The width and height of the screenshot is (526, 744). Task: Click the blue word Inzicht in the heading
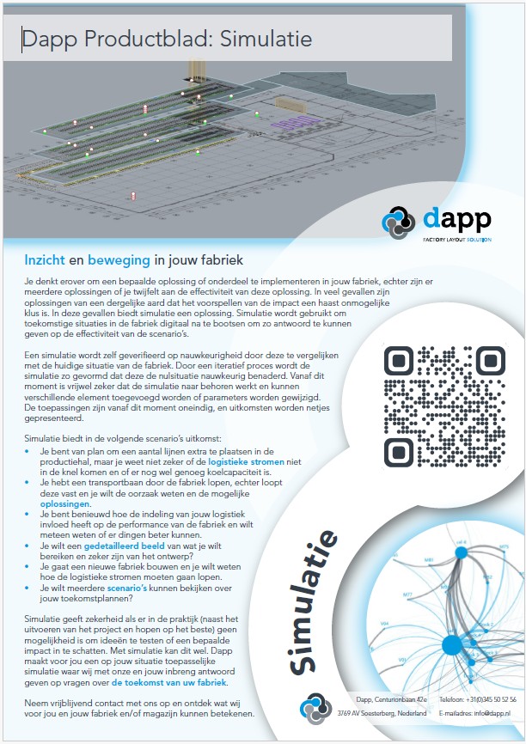coord(46,259)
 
